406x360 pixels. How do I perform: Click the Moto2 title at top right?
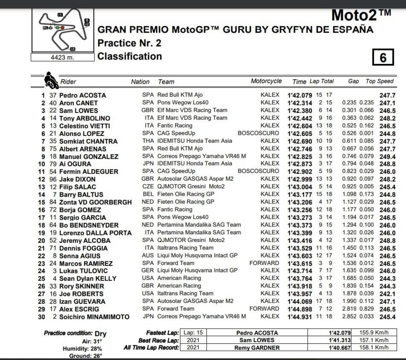click(361, 16)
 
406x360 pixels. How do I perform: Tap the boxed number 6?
click(383, 57)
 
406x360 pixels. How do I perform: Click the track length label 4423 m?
click(62, 57)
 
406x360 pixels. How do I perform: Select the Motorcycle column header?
click(266, 81)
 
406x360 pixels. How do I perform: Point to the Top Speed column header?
click(379, 81)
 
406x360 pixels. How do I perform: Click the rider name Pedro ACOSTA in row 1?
click(83, 95)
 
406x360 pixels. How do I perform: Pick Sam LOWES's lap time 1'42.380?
click(300, 111)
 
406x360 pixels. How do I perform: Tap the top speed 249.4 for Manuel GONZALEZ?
click(387, 157)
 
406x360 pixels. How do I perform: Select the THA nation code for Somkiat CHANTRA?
click(148, 141)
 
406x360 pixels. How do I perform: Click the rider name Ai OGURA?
click(75, 164)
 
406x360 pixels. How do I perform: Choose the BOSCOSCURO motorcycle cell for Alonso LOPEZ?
click(258, 133)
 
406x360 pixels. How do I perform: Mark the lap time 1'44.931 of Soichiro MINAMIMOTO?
click(300, 317)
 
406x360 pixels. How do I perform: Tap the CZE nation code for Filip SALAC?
click(148, 187)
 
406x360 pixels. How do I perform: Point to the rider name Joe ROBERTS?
click(81, 294)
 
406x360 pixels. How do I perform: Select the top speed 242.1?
click(387, 294)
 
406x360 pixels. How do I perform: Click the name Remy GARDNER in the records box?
click(257, 347)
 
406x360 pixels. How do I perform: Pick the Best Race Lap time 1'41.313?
click(339, 340)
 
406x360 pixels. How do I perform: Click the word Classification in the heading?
click(130, 56)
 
